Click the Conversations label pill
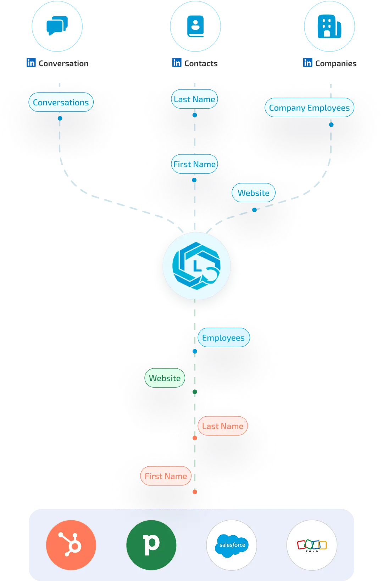coord(61,102)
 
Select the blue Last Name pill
coord(194,99)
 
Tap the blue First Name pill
coord(194,164)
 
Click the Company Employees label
coord(309,108)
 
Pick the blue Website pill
coord(254,193)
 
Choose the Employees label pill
coord(223,338)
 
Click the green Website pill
coord(165,378)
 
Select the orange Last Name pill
coord(223,426)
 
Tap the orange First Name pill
coord(166,476)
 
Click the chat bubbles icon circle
coord(57,26)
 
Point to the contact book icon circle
coord(195,26)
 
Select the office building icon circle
coord(329,26)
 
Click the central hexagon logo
coord(196,266)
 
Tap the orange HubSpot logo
coord(71,545)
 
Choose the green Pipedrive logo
coord(151,545)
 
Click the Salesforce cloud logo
coord(232,545)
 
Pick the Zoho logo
coord(312,545)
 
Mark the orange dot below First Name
coord(195,492)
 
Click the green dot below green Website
coord(195,392)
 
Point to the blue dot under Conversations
coord(60,118)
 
